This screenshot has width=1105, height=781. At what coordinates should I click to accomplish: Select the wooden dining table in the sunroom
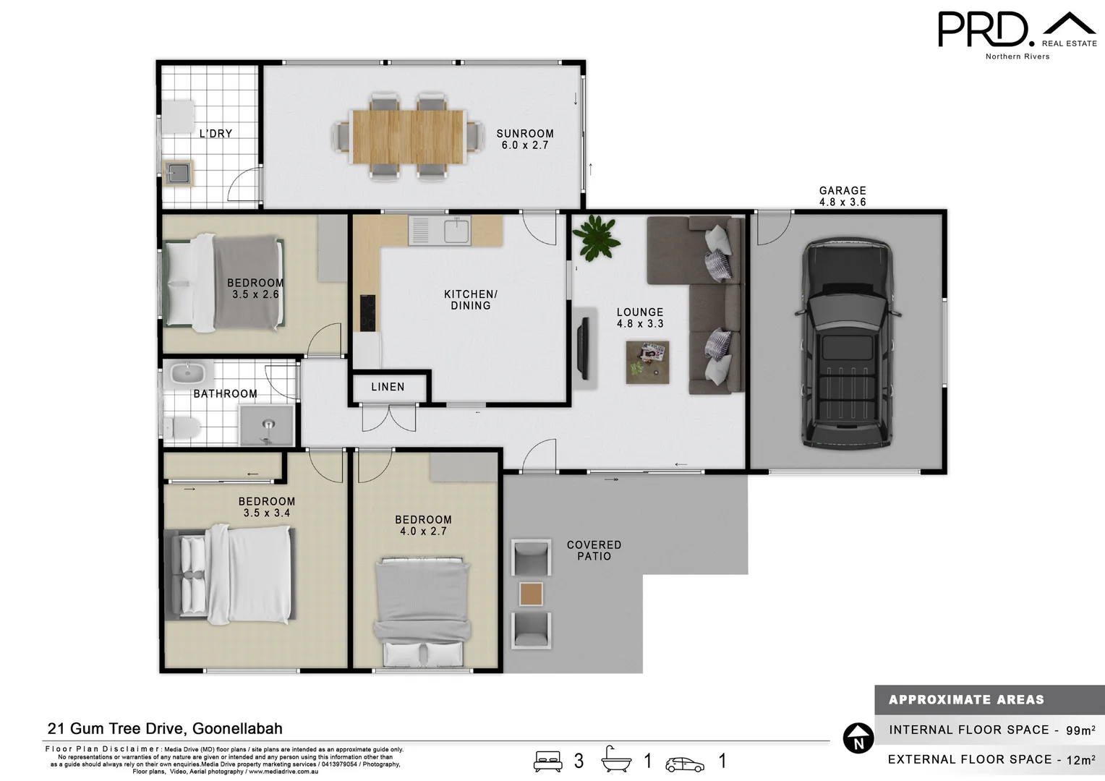(x=408, y=136)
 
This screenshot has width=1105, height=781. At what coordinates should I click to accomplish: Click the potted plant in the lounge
(x=596, y=237)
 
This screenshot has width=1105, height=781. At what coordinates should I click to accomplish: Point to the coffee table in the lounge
(x=647, y=362)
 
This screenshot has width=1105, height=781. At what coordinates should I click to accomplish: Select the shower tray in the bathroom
(x=267, y=426)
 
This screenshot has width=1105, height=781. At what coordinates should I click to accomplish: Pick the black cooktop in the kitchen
(x=368, y=313)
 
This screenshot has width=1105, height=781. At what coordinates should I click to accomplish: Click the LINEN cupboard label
(x=388, y=387)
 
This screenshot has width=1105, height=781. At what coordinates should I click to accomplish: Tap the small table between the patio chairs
(x=532, y=594)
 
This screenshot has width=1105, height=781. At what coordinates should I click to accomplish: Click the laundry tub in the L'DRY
(x=178, y=173)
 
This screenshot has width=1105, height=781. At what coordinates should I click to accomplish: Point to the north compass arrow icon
(x=858, y=738)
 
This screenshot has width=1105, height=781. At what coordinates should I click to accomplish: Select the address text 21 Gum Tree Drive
(x=165, y=729)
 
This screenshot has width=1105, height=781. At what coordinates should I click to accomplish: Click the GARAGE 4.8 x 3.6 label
(x=842, y=196)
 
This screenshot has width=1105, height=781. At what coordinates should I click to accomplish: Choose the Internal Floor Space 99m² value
(x=1080, y=730)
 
